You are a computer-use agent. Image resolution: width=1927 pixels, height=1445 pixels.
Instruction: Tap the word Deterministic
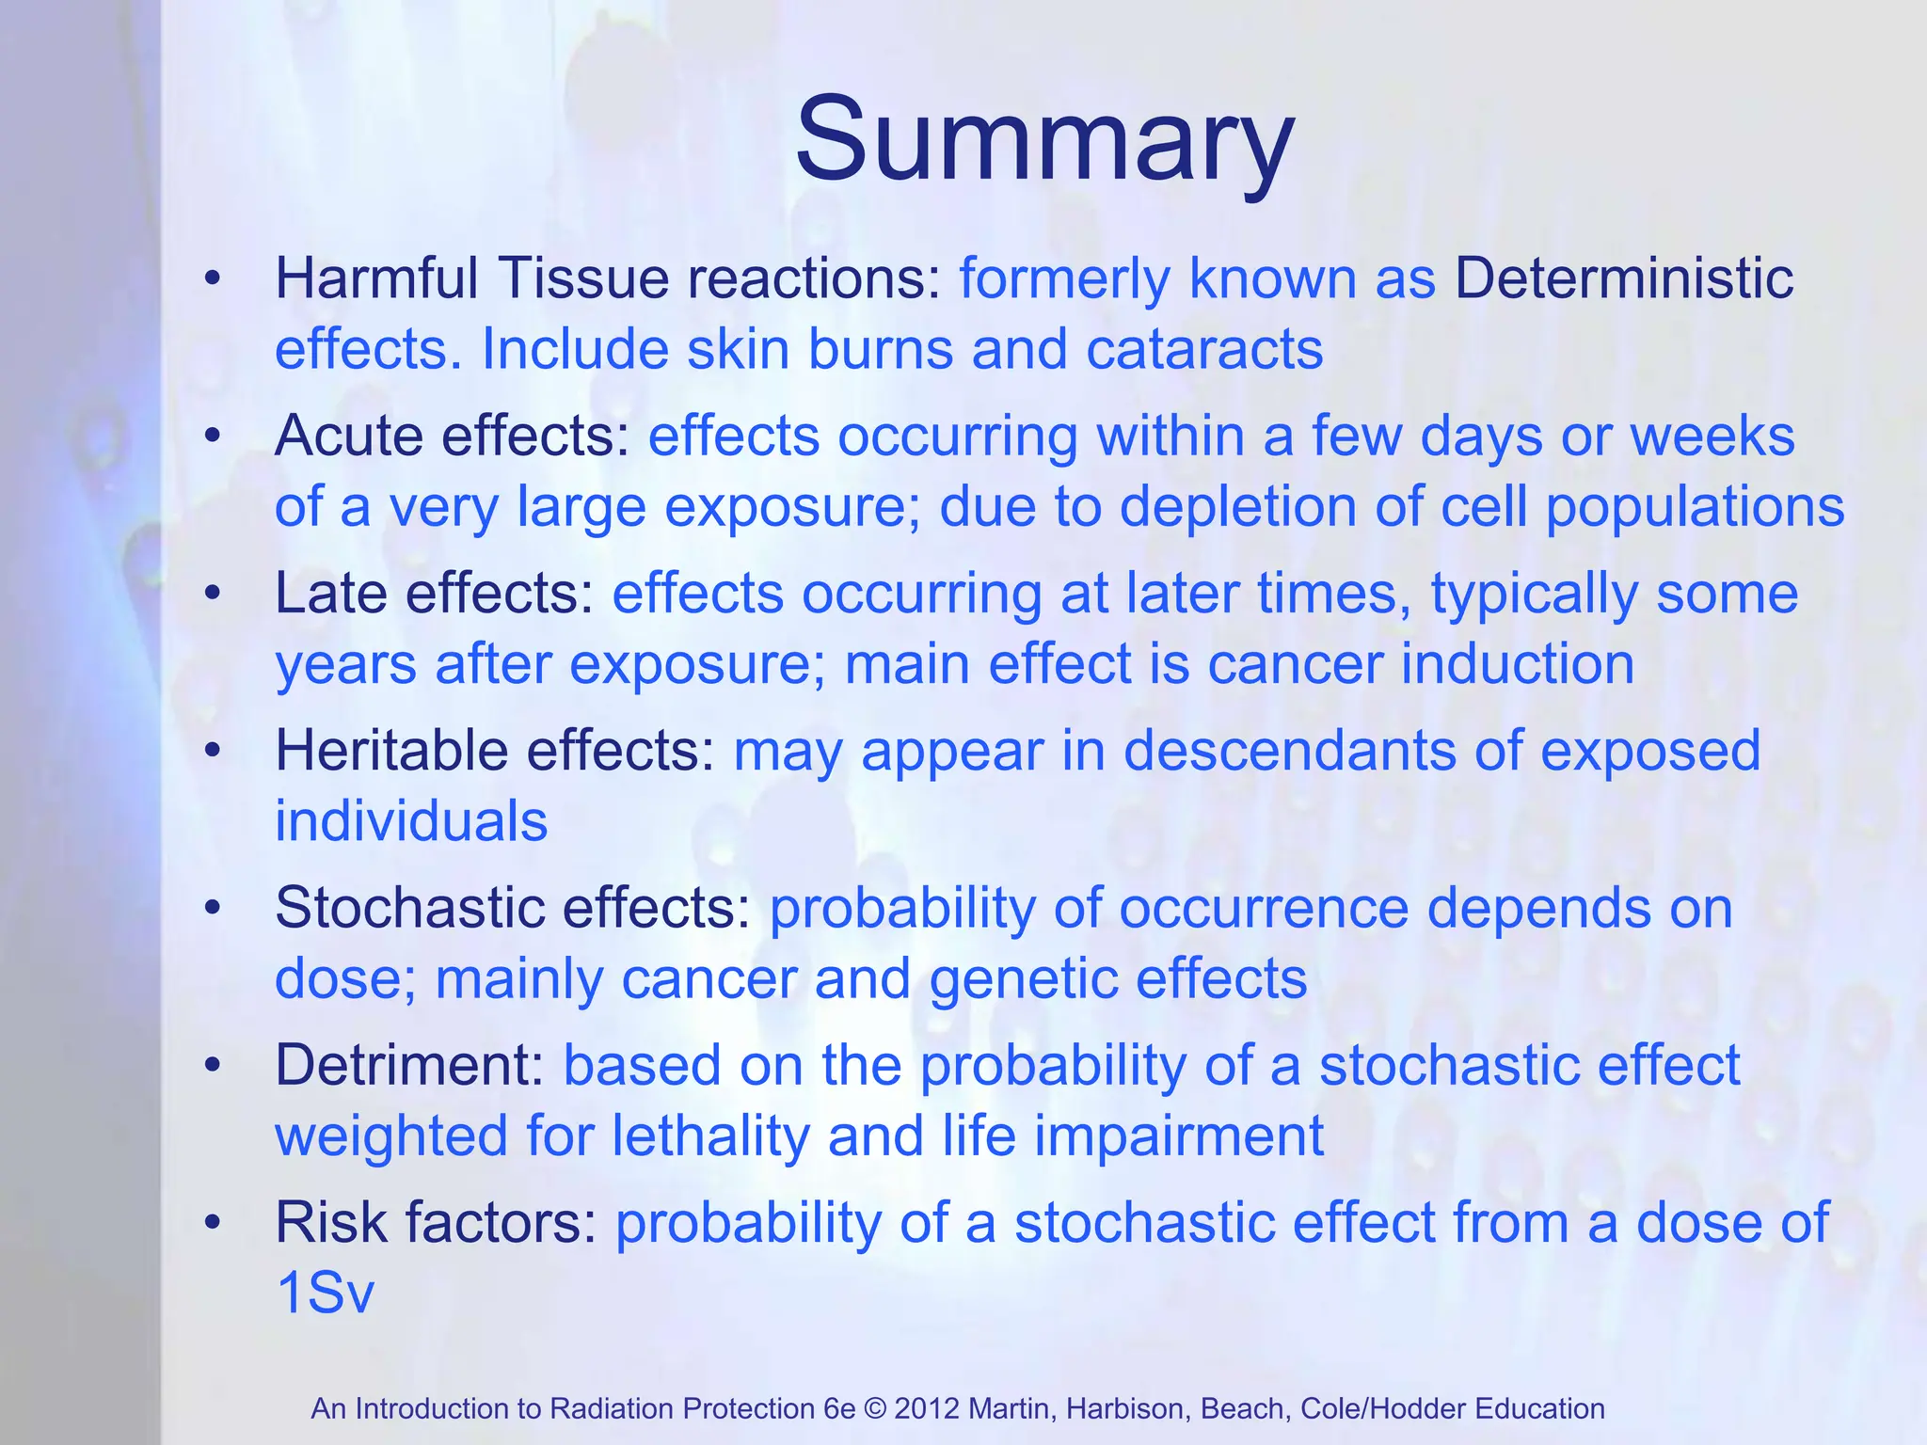pyautogui.click(x=1624, y=279)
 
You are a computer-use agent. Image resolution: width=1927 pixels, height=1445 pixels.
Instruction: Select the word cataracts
pyautogui.click(x=1204, y=350)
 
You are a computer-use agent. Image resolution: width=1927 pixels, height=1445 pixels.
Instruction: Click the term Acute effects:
pyautogui.click(x=453, y=437)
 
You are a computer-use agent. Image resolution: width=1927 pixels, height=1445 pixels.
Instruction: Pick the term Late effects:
pyautogui.click(x=435, y=595)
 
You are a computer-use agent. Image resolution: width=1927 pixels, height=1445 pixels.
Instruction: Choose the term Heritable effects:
pyautogui.click(x=495, y=751)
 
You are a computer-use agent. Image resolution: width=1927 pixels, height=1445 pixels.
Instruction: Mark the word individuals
pyautogui.click(x=411, y=821)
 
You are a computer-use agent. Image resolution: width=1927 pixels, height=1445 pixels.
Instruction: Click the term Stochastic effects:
pyautogui.click(x=513, y=909)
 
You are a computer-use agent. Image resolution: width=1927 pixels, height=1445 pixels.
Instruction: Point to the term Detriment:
pyautogui.click(x=409, y=1066)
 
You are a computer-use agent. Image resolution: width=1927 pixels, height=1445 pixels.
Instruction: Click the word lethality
pyautogui.click(x=711, y=1135)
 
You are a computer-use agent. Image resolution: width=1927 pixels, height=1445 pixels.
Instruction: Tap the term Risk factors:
pyautogui.click(x=436, y=1223)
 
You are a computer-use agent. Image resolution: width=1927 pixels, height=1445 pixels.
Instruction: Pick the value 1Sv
pyautogui.click(x=325, y=1293)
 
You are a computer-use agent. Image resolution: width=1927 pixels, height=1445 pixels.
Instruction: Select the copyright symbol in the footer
pyautogui.click(x=875, y=1408)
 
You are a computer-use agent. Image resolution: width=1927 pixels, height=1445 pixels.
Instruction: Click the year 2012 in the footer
pyautogui.click(x=927, y=1408)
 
